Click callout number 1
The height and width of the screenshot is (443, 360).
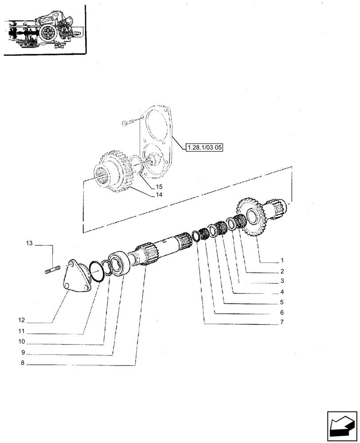(x=282, y=260)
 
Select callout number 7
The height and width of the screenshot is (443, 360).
(x=282, y=322)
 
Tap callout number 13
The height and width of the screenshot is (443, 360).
(x=29, y=243)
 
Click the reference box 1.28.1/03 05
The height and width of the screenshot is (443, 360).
(x=205, y=147)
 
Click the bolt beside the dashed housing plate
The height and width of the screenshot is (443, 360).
(x=129, y=122)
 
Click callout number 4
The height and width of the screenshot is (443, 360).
(x=282, y=292)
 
